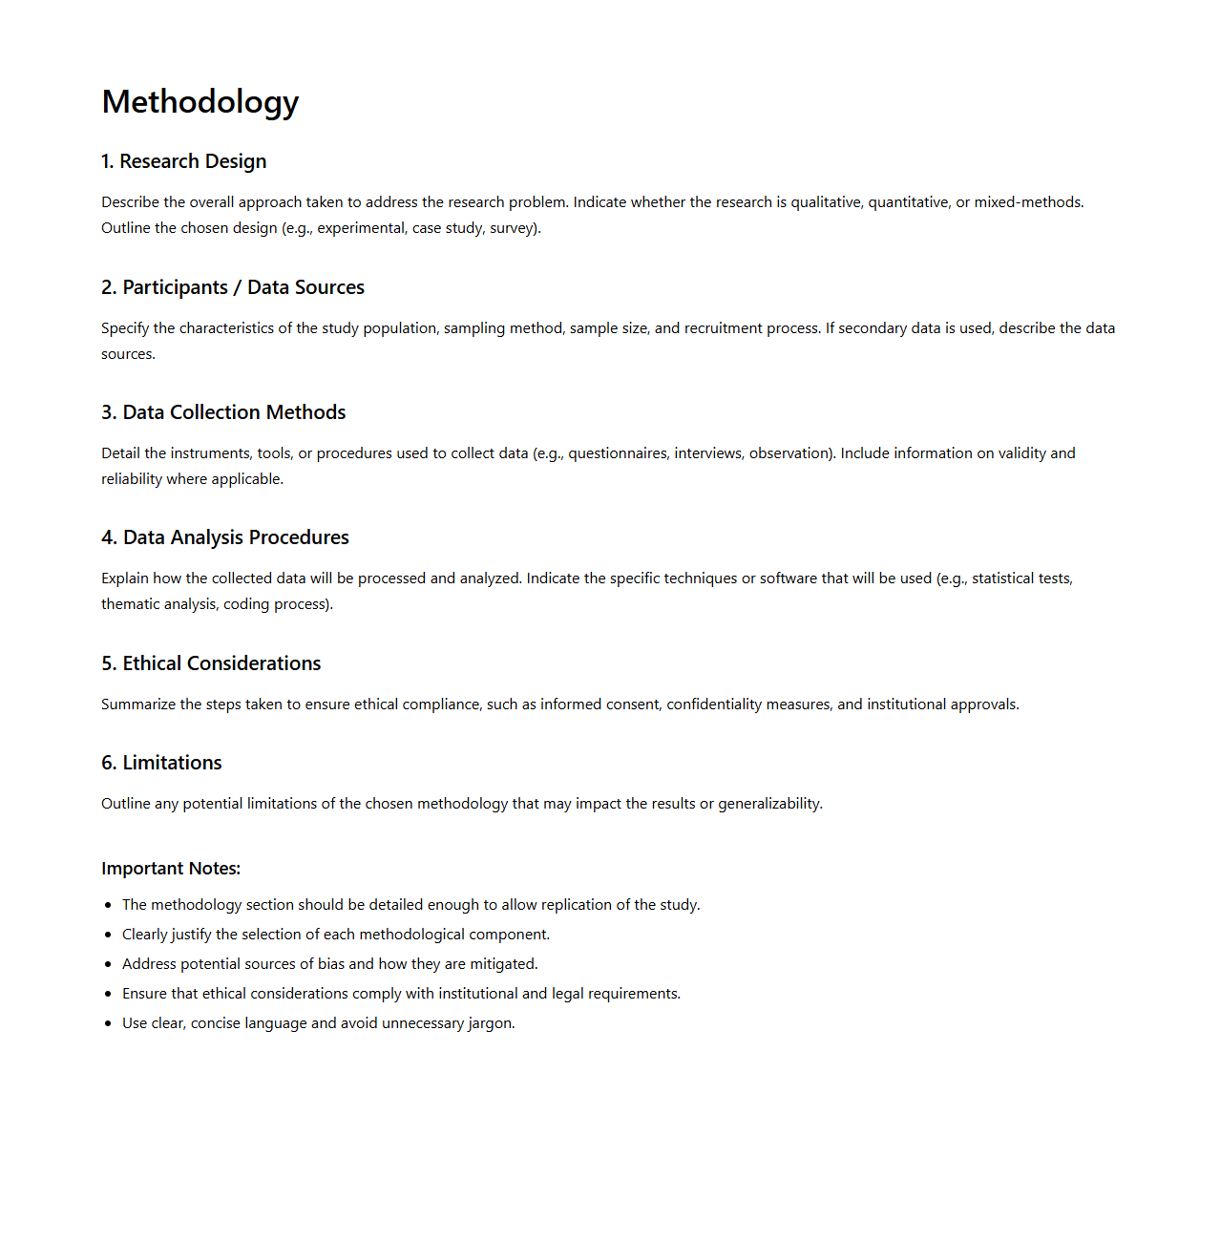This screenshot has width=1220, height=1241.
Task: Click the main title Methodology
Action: coord(200,102)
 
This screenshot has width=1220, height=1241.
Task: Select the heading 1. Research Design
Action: coord(184,161)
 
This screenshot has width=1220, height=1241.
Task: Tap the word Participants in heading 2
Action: coord(176,287)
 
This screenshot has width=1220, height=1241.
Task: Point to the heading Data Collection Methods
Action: coord(234,412)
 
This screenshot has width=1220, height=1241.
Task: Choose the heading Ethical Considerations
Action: coord(221,663)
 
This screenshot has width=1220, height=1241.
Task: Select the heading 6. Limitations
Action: coord(161,763)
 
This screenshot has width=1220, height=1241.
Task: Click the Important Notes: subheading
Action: coord(171,869)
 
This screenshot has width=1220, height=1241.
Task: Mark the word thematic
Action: coord(131,604)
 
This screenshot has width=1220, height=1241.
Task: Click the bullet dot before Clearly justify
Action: coord(108,935)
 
